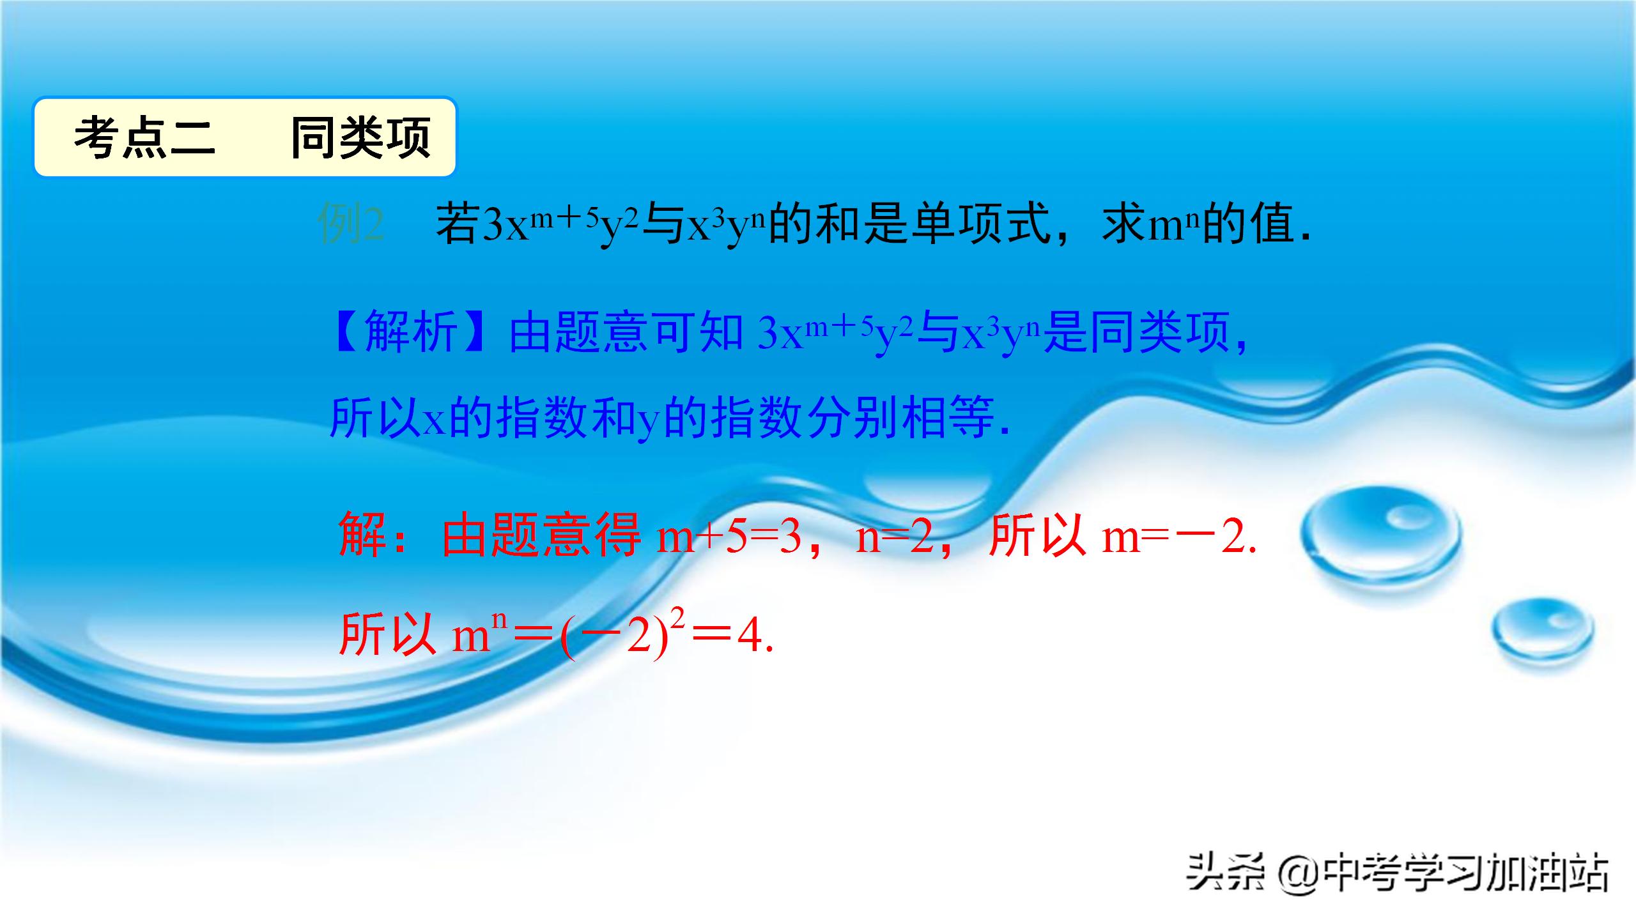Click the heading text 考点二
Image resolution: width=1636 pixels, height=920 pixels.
point(144,137)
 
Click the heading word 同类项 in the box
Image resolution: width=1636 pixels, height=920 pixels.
point(360,137)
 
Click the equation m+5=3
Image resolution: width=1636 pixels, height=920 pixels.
point(729,537)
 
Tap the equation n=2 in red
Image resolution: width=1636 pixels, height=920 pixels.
point(895,537)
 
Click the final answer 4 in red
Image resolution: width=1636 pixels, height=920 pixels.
point(751,636)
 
